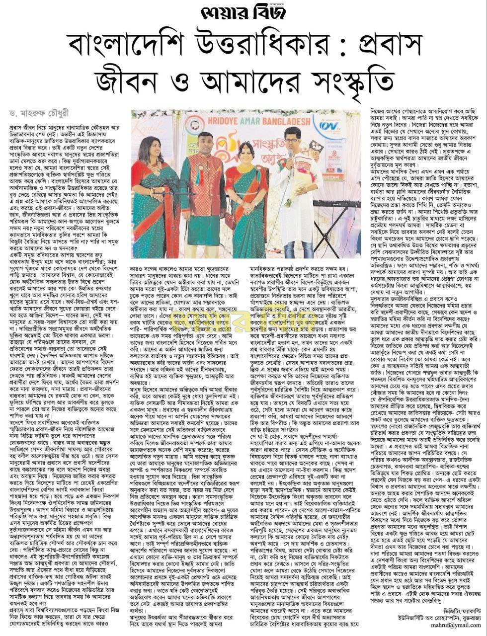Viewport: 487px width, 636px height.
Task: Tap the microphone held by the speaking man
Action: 291,153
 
